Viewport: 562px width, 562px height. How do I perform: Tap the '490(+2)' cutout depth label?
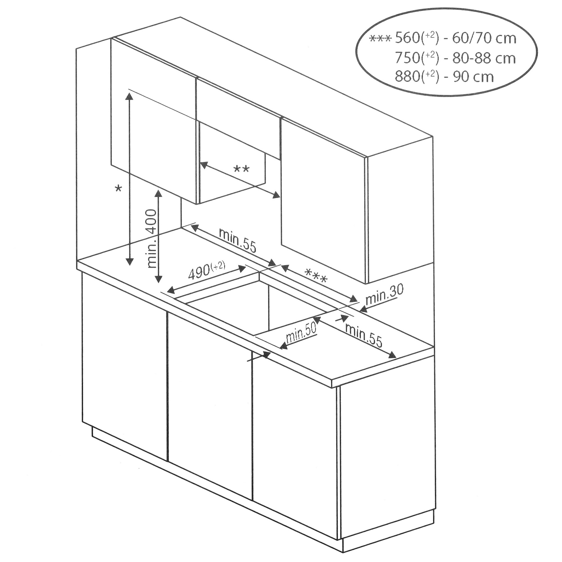point(207,270)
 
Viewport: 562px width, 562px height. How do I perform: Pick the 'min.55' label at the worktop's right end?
point(364,336)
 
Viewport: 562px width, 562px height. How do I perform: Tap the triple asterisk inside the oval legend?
point(380,39)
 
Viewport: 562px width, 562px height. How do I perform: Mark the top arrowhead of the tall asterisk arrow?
point(129,97)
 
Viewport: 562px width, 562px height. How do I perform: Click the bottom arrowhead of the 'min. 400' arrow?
point(158,279)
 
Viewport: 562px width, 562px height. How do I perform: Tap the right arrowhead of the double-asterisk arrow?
point(275,196)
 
